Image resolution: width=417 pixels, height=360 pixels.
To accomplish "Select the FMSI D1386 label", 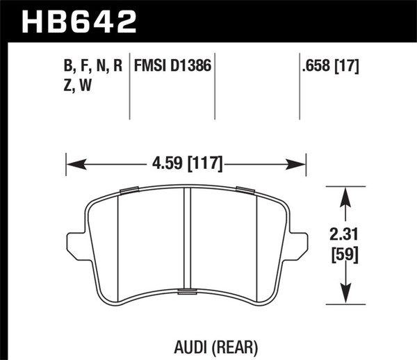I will (x=172, y=67).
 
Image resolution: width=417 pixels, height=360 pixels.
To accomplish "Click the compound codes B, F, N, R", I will (x=93, y=67).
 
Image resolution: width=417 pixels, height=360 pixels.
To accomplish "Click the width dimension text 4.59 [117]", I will (x=186, y=165).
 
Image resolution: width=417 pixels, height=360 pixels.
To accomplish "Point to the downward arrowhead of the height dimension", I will (x=343, y=295).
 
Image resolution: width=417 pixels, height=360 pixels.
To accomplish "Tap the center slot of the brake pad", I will (x=186, y=240).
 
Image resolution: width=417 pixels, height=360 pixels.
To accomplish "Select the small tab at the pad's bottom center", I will (x=186, y=292).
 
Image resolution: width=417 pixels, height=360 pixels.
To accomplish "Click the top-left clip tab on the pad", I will (x=129, y=190).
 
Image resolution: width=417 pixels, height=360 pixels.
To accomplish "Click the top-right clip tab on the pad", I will (x=244, y=190).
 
